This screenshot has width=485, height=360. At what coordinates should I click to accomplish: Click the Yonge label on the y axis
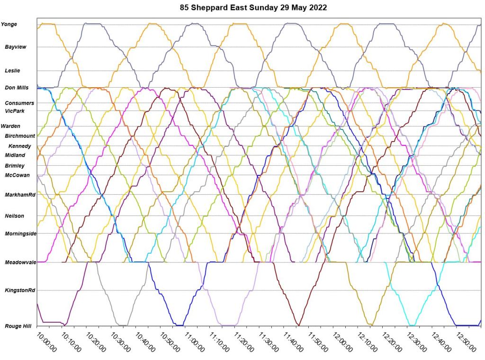tap(9, 24)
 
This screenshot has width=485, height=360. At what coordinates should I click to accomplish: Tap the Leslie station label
tap(12, 71)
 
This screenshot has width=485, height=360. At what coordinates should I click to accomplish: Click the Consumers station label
tap(19, 103)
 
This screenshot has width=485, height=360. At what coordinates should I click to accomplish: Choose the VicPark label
tap(15, 111)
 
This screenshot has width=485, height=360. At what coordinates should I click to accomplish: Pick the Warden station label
tap(10, 126)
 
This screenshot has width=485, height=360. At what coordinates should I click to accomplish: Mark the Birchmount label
tap(20, 136)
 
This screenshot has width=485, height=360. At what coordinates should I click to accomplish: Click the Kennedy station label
tap(19, 146)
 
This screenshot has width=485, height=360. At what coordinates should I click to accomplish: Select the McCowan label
tap(17, 175)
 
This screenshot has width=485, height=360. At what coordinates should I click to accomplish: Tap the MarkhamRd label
tap(19, 195)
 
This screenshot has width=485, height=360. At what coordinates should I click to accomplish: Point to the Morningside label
tap(20, 234)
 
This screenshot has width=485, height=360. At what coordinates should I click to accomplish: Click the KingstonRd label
tap(19, 290)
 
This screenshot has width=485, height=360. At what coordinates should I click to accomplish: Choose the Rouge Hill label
tap(18, 326)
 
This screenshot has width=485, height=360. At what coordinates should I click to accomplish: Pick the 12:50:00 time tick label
tap(465, 341)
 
